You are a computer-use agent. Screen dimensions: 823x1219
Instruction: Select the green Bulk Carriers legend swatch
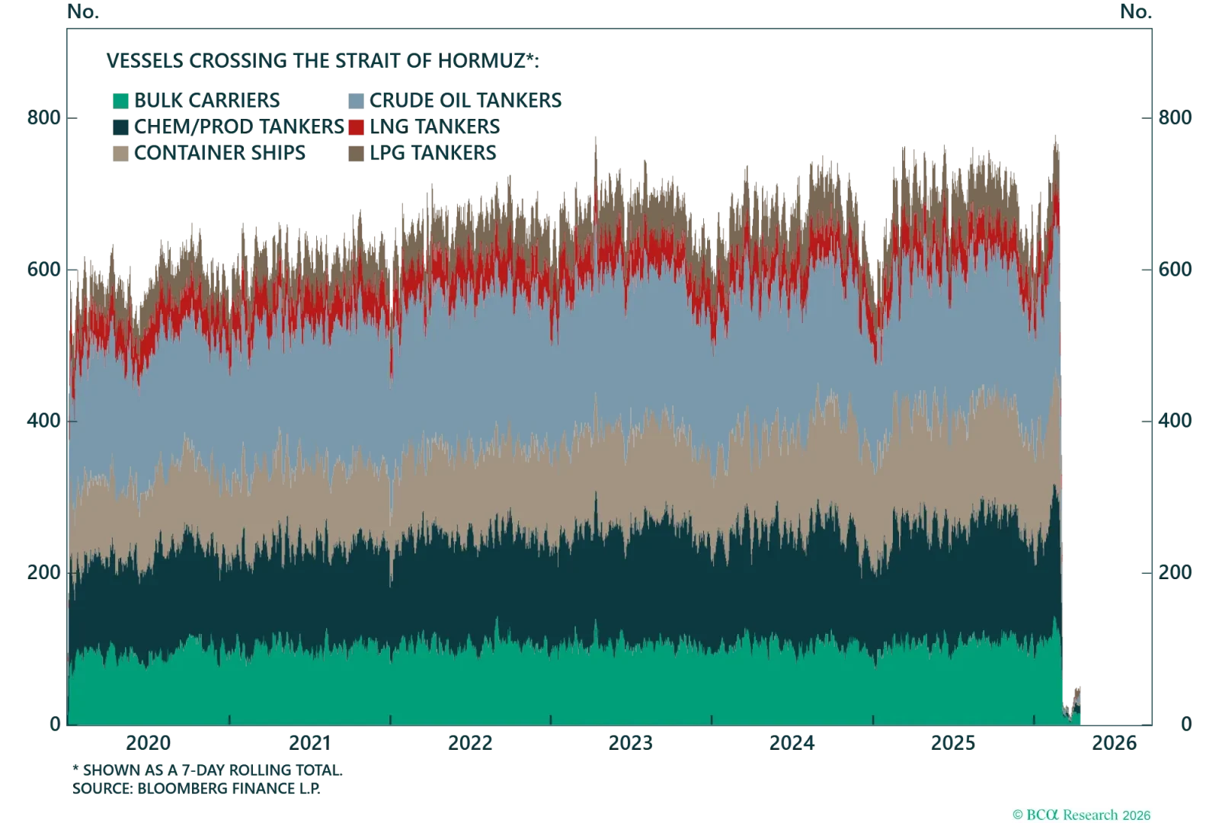point(120,100)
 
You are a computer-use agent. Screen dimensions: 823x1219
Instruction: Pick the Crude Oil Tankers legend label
point(466,100)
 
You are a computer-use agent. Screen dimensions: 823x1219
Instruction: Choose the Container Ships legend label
point(222,152)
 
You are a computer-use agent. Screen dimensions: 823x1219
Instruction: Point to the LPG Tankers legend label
point(434,152)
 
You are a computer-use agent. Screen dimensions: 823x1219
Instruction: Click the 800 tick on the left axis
point(41,120)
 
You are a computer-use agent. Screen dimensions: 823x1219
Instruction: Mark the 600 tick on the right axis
point(1176,271)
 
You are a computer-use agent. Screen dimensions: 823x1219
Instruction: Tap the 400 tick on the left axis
point(41,421)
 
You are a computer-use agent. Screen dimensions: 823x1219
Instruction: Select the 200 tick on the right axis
point(1176,572)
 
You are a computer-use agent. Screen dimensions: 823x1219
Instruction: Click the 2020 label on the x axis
point(148,741)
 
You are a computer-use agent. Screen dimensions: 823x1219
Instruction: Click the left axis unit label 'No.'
point(80,11)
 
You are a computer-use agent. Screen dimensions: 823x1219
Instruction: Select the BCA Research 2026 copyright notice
point(1084,814)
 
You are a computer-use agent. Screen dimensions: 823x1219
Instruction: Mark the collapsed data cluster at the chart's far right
point(1073,705)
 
